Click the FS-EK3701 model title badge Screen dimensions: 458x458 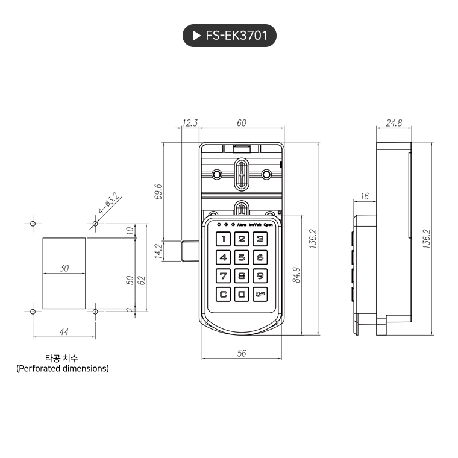pyautogui.click(x=229, y=36)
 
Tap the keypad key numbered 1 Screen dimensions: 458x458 pyautogui.click(x=224, y=239)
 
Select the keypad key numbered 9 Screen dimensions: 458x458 pyautogui.click(x=260, y=276)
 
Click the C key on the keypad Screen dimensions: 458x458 pyautogui.click(x=224, y=295)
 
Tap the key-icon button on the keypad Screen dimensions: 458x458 pyautogui.click(x=260, y=295)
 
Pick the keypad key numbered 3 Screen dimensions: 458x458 pyautogui.click(x=260, y=239)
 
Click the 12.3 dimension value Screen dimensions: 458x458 pyautogui.click(x=190, y=123)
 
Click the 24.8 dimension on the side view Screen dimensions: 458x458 pyautogui.click(x=394, y=123)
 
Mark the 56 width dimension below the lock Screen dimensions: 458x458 pyautogui.click(x=242, y=354)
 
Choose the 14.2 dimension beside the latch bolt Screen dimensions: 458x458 pyautogui.click(x=158, y=250)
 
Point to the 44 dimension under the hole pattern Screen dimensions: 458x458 pyautogui.click(x=64, y=331)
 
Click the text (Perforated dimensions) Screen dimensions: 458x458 pyautogui.click(x=63, y=368)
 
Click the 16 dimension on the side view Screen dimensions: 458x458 pyautogui.click(x=364, y=196)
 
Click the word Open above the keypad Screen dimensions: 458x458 pyautogui.click(x=268, y=224)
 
